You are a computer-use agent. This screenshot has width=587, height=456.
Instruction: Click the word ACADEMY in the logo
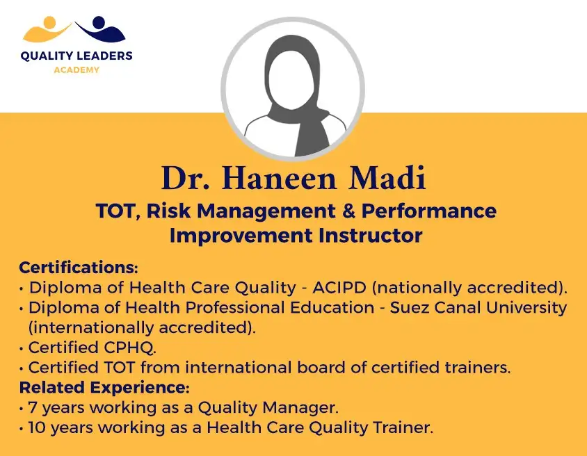77,70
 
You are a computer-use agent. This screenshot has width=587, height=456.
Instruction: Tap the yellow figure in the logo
47,29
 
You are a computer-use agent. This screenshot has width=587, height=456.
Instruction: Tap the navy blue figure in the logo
100,28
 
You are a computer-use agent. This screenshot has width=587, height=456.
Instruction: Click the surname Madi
387,178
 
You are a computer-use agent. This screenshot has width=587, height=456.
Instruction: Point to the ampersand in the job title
348,211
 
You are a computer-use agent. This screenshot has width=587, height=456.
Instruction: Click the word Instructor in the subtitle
371,236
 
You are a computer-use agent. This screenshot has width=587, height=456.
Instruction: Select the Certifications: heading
79,268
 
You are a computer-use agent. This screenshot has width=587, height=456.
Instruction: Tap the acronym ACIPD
339,287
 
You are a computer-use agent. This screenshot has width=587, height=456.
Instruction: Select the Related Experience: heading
104,388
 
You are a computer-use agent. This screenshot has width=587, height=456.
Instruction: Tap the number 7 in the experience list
33,407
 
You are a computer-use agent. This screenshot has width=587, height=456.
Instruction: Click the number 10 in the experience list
36,427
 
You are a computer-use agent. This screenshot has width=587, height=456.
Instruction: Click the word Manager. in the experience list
300,407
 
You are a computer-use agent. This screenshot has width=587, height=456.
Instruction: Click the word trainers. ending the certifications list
478,367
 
